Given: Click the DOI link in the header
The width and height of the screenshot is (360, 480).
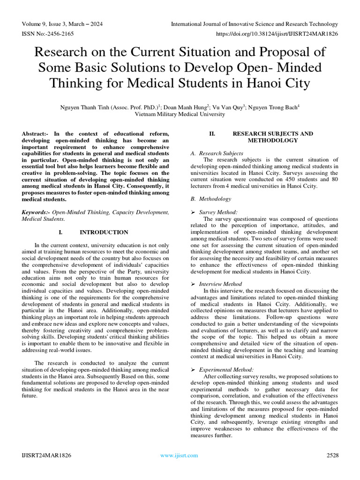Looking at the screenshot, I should [x=277, y=34].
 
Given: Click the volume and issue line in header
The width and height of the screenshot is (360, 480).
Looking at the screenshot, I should [x=62, y=24].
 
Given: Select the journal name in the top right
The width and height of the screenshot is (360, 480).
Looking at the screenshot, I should [x=254, y=24].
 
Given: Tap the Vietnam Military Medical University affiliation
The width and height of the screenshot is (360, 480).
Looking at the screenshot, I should [x=180, y=114].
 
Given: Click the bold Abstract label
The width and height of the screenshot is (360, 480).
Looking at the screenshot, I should [x=36, y=134].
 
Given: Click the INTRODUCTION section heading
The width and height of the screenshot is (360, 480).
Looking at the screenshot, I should [x=104, y=232].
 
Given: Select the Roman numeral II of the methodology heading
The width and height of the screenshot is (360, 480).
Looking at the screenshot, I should [x=212, y=134].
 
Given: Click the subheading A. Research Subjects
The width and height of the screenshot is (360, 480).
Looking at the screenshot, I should [x=217, y=153].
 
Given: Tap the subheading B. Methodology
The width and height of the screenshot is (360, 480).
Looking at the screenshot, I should [x=210, y=199].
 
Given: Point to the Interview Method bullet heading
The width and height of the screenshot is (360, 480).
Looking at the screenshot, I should [x=220, y=284].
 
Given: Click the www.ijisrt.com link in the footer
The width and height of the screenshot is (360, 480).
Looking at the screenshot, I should [x=179, y=455].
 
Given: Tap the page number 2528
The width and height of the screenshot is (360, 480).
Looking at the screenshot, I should [x=332, y=455].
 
